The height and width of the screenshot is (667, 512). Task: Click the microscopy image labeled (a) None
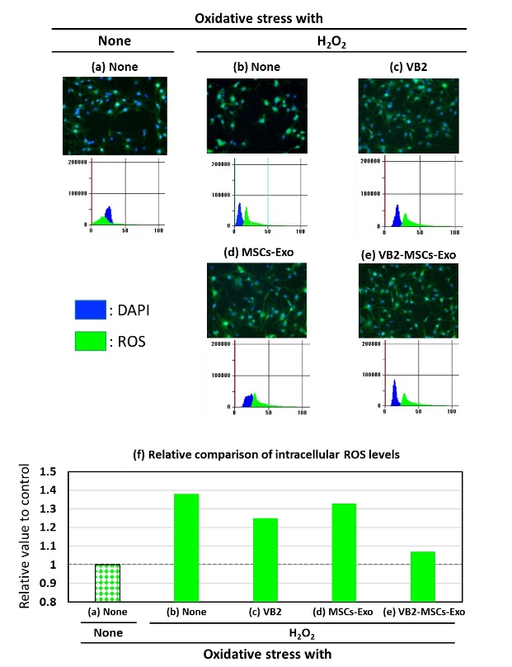pos(113,116)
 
